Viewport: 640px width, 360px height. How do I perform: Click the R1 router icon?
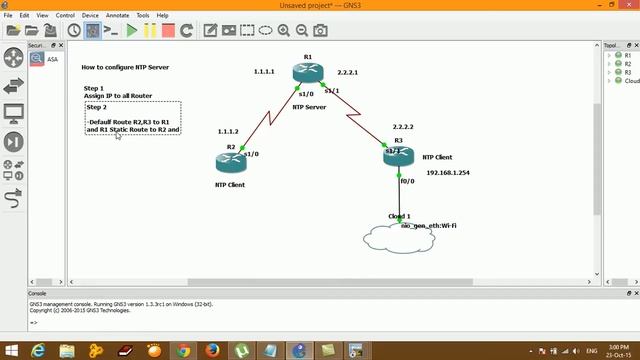point(307,73)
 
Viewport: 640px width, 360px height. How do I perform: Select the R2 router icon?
point(230,163)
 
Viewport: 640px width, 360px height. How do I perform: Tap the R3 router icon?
point(398,156)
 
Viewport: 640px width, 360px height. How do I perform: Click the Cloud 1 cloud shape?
point(401,238)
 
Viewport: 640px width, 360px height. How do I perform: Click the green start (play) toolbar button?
point(132,31)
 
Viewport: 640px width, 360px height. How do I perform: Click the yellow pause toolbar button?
point(150,31)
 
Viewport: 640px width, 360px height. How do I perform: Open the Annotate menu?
point(117,16)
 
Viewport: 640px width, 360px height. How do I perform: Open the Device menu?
point(90,16)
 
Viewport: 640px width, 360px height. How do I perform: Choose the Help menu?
point(162,16)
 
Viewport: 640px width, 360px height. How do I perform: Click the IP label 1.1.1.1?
point(264,72)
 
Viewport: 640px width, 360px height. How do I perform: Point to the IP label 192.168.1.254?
point(447,172)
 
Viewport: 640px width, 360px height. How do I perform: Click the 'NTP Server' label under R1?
point(309,106)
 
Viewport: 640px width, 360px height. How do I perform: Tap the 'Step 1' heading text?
point(94,88)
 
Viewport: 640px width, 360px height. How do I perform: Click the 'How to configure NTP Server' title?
point(125,67)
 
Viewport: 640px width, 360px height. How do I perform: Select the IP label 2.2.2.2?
point(403,127)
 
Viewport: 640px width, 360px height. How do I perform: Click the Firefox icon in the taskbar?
point(213,350)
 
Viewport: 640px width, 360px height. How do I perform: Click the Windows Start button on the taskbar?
point(11,350)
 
